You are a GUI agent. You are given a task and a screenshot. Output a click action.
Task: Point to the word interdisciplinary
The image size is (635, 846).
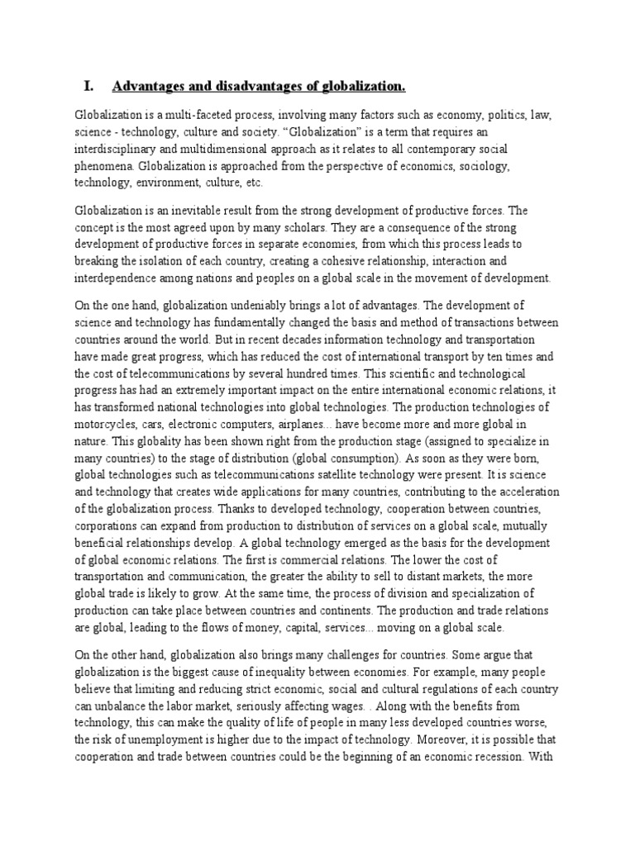tap(121, 149)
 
